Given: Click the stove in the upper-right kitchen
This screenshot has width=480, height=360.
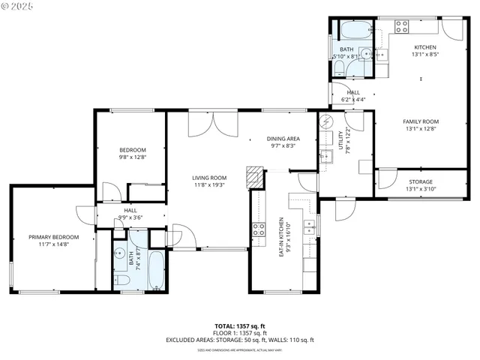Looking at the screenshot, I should tap(401, 27).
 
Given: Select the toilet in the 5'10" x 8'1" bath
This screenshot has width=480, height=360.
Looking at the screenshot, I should tap(339, 69).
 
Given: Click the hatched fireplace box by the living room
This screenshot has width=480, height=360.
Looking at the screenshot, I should tap(257, 178).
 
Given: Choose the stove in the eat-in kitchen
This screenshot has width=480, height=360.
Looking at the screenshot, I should tap(259, 229).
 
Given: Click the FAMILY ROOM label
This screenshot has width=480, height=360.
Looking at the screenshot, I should tap(421, 121).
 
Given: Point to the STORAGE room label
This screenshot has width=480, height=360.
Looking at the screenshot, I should tap(421, 182).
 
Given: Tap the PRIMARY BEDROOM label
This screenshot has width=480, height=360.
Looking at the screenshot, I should tap(54, 237).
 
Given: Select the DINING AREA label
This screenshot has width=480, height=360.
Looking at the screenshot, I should tap(283, 139).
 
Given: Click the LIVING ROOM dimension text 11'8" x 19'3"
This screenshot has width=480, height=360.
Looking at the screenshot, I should tap(209, 184).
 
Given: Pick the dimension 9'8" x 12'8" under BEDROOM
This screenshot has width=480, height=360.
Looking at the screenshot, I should tap(132, 157).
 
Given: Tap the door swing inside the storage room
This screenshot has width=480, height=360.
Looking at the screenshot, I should tap(385, 180).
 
